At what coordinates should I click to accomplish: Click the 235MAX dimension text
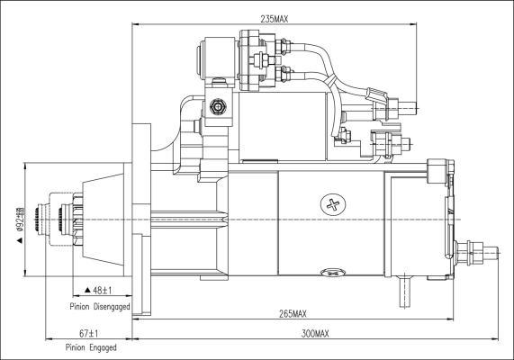[276, 18]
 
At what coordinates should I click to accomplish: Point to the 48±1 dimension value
[100, 290]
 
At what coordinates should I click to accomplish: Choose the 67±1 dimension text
[87, 334]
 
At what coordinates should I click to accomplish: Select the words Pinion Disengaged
[100, 306]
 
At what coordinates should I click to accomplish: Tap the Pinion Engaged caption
[90, 347]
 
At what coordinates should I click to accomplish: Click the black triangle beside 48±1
[86, 290]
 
